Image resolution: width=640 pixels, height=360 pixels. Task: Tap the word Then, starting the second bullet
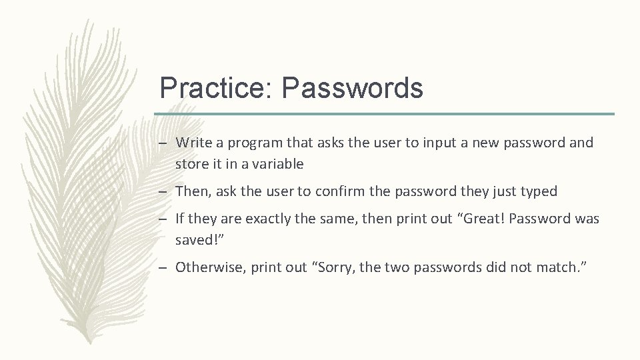click(192, 191)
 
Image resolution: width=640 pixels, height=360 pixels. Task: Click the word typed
click(538, 191)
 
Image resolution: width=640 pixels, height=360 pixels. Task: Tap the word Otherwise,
click(208, 267)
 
